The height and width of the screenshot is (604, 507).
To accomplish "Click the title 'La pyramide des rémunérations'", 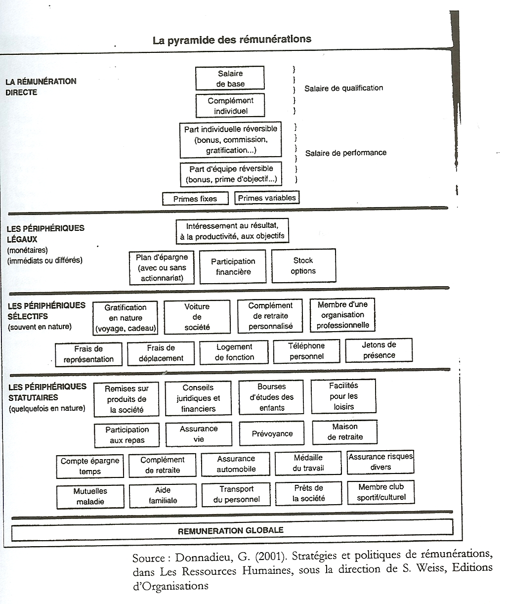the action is click(232, 40).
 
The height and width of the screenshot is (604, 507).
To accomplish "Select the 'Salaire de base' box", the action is click(230, 78).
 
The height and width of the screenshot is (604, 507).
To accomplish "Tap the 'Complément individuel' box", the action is click(230, 106).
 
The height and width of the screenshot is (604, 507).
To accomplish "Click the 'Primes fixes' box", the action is click(195, 199).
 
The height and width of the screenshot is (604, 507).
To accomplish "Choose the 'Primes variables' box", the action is click(267, 198).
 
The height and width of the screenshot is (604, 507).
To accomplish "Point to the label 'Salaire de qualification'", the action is click(343, 88).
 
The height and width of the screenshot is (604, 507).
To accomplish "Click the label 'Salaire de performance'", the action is click(346, 153).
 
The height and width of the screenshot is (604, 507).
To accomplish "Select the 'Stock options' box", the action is click(304, 265).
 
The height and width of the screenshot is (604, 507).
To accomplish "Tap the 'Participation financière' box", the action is click(233, 267).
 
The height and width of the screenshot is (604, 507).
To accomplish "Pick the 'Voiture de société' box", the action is click(197, 317).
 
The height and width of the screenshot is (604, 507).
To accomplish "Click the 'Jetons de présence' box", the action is click(379, 350).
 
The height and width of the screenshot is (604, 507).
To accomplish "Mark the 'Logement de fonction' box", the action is click(234, 352).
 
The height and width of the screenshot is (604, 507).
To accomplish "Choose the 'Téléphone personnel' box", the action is click(306, 351).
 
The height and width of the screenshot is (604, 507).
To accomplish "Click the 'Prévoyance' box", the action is click(272, 433).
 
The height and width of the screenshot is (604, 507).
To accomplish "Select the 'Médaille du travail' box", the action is click(308, 463).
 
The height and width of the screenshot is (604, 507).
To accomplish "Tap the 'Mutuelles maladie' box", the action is click(90, 496).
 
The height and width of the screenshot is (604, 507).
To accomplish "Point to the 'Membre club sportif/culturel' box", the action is click(381, 492).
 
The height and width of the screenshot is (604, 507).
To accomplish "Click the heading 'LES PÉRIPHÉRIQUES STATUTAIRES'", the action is click(47, 392).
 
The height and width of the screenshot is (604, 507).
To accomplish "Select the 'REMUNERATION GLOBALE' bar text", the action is click(230, 530).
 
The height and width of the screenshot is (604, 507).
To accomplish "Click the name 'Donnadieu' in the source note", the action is click(204, 557).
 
